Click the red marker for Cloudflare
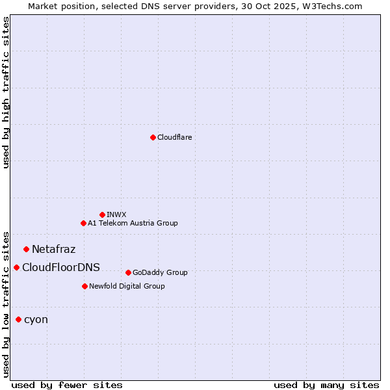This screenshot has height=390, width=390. pos(153,137)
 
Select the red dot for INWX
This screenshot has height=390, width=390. pos(102,214)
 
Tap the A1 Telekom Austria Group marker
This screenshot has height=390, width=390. pos(83,223)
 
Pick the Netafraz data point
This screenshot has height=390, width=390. pos(26,249)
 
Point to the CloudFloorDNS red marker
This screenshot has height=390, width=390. pos(16,267)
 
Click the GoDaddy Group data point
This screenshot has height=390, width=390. pos(128,272)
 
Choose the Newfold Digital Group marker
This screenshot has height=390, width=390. pos(84,286)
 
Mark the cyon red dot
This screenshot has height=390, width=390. pos(18,319)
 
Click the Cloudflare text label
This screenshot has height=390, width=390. pos(174,137)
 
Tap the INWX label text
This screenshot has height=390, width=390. pos(116,214)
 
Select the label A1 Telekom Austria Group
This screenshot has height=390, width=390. pos(133,223)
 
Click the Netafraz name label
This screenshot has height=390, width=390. pos(53,249)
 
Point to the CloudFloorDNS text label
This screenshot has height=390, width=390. pos(61,267)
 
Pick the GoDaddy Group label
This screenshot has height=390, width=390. pos(160,272)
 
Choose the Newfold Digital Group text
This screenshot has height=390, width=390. pos(127,286)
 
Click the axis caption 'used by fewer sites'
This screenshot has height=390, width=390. pos(67,385)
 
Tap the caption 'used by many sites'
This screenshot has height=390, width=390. pos(326,385)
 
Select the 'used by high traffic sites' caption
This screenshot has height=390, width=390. pos(6,92)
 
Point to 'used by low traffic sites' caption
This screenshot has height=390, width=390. pos(6,304)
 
